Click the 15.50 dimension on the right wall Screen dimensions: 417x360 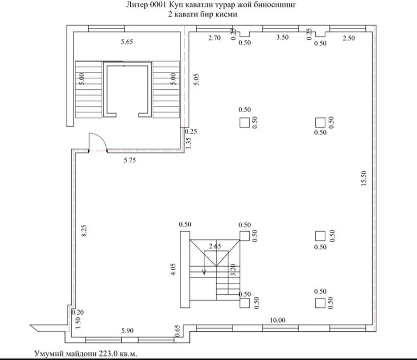(364, 178)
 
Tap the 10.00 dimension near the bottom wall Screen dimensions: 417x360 (277, 320)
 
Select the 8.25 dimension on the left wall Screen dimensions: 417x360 (84, 231)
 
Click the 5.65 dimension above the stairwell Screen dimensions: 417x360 (127, 42)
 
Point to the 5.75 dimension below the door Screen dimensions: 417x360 (130, 160)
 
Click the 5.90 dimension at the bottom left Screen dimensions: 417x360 (127, 330)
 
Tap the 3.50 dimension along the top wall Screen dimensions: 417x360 (283, 37)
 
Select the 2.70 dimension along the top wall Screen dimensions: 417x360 (214, 38)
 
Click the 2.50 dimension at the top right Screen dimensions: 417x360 (349, 38)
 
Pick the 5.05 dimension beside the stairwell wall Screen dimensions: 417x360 (197, 79)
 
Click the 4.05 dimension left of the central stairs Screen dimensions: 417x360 (173, 269)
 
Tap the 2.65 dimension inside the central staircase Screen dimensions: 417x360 (215, 246)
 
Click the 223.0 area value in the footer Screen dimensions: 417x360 (108, 354)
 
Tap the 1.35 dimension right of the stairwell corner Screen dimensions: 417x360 (188, 143)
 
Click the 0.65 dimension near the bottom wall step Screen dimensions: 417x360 (177, 331)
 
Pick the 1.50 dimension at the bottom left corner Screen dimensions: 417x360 (78, 322)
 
